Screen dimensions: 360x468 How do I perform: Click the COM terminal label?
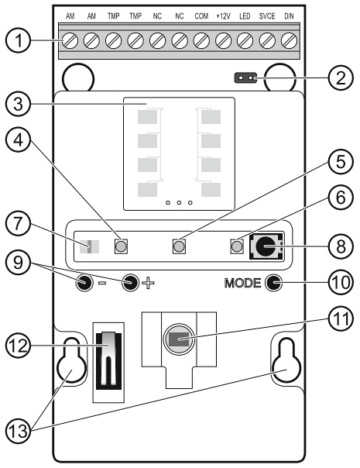(201, 16)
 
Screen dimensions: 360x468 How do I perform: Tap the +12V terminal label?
(224, 16)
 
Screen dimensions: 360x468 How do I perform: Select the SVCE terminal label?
(267, 16)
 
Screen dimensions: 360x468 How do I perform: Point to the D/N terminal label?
(289, 16)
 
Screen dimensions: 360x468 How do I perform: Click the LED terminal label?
(245, 16)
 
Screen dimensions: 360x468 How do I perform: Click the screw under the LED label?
(245, 40)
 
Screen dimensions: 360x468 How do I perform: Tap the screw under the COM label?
(201, 40)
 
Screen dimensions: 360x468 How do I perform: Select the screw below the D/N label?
(289, 40)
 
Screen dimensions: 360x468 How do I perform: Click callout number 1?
(19, 40)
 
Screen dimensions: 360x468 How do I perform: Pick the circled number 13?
(19, 431)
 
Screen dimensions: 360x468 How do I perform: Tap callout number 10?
(341, 282)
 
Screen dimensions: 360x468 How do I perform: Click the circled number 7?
(19, 224)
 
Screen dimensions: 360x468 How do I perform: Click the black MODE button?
(274, 283)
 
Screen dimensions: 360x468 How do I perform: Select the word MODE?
(242, 283)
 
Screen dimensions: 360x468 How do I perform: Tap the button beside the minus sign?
(84, 283)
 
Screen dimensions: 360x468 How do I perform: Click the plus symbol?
(148, 283)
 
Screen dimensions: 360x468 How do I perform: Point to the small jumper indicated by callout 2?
(245, 78)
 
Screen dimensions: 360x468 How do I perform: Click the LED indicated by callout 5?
(179, 246)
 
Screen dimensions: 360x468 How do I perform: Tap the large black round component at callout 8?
(265, 246)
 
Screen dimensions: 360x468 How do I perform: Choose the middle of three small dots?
(179, 203)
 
